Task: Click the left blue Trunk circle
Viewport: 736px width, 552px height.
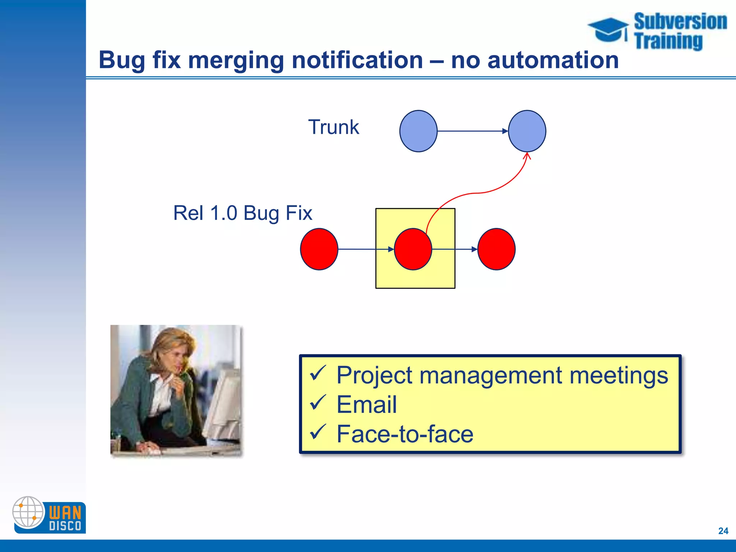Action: click(x=418, y=131)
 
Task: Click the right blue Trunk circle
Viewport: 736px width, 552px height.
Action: click(x=527, y=131)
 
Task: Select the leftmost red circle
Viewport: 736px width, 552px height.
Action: click(x=319, y=249)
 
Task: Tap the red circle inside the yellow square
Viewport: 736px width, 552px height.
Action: click(x=413, y=249)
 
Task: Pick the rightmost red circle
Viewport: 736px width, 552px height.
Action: click(x=496, y=249)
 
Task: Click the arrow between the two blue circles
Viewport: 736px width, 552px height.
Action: click(x=473, y=131)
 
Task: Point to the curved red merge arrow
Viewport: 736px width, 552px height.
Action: click(x=478, y=193)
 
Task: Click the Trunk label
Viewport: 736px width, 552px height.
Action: click(x=333, y=127)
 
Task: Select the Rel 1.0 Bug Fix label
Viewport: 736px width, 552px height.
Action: click(x=243, y=213)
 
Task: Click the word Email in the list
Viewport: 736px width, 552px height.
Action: click(x=367, y=405)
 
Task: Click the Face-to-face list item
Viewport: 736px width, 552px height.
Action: click(x=405, y=434)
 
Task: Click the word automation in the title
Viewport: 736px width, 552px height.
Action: click(x=553, y=60)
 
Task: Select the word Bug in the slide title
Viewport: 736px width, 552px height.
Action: click(x=122, y=60)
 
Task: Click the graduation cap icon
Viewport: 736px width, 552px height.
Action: click(x=608, y=29)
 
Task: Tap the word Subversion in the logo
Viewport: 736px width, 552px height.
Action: click(x=680, y=22)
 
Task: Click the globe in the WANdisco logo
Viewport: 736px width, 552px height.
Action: click(x=28, y=512)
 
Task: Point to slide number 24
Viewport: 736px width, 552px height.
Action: click(x=723, y=531)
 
